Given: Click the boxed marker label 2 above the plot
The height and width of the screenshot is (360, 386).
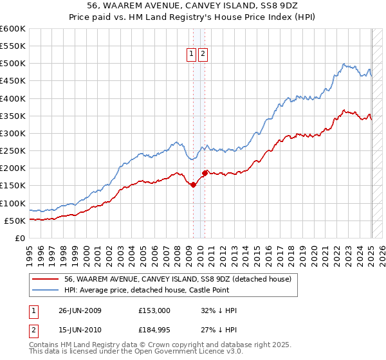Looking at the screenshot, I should click(203, 55).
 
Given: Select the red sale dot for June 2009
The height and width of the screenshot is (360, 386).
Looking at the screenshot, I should click(194, 184).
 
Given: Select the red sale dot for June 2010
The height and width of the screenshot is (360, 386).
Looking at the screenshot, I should click(205, 173).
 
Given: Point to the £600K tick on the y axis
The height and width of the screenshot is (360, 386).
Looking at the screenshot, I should click(13, 29).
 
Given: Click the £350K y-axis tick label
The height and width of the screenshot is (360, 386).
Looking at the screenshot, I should click(13, 116).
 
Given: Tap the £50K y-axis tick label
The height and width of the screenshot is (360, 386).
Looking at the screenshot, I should click(15, 221).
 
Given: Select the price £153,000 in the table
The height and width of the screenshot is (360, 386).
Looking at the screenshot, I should click(154, 310).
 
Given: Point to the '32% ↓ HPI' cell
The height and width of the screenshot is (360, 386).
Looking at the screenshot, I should click(219, 310).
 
